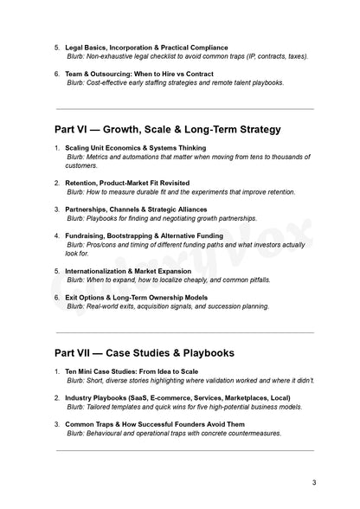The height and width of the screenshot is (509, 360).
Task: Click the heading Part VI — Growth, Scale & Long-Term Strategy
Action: (x=167, y=130)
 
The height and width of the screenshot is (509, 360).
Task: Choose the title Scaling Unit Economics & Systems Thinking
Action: (x=136, y=148)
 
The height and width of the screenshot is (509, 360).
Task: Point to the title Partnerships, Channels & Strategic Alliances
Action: (x=142, y=209)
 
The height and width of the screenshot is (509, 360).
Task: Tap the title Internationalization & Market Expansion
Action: (x=132, y=271)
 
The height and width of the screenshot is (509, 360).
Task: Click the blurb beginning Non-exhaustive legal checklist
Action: (x=188, y=56)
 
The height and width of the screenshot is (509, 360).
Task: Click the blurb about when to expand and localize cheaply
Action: (x=169, y=280)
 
